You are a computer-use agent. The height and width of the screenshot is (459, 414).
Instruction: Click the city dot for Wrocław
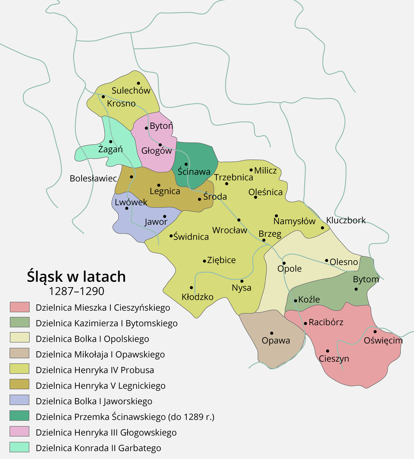238,220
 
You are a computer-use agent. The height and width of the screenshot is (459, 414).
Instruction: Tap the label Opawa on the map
276,341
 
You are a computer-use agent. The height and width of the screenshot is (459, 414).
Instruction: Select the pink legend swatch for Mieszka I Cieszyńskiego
19,307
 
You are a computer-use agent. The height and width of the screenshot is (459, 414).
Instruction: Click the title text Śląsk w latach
76,276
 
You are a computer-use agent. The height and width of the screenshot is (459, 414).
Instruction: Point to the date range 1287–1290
76,291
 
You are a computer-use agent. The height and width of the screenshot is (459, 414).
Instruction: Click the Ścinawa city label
194,172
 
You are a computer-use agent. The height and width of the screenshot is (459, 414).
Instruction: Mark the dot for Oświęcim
375,331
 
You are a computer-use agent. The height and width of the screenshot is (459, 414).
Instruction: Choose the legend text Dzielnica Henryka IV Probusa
95,370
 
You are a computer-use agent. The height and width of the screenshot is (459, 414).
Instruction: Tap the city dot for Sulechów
138,83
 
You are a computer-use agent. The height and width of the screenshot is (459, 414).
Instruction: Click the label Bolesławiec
93,178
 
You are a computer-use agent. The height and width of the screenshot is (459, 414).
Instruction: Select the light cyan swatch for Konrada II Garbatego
19,447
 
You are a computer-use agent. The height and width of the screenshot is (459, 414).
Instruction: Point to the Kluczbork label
346,220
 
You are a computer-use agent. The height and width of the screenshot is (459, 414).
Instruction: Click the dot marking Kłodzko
191,287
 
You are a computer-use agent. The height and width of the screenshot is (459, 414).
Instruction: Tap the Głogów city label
157,151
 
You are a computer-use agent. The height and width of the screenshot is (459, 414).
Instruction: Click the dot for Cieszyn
327,351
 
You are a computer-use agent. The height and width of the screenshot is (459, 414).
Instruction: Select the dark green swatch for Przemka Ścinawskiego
19,416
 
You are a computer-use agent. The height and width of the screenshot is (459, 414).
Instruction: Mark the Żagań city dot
110,141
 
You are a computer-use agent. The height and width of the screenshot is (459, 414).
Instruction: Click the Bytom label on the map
366,279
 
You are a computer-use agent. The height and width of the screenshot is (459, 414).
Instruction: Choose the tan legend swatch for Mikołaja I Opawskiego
19,354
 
